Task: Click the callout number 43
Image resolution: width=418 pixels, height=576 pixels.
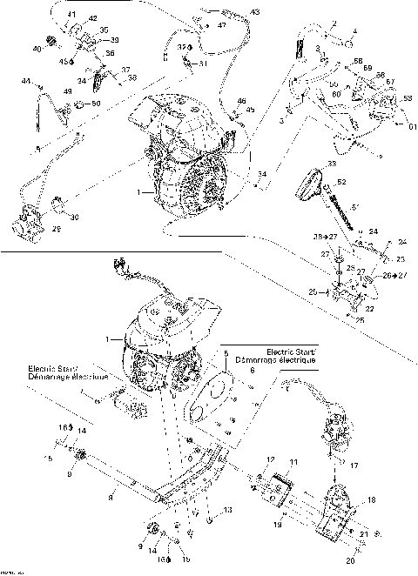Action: [x=254, y=12]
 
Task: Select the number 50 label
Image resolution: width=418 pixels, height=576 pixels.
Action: [x=96, y=104]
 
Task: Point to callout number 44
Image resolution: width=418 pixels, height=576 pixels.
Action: [x=25, y=81]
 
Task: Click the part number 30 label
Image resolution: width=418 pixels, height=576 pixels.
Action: [x=74, y=217]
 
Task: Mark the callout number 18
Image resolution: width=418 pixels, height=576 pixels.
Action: [x=373, y=501]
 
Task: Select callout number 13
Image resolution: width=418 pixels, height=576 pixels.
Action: [x=228, y=509]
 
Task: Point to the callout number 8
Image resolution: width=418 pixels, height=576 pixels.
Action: [x=111, y=497]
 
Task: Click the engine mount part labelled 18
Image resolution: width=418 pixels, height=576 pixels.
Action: [x=339, y=512]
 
